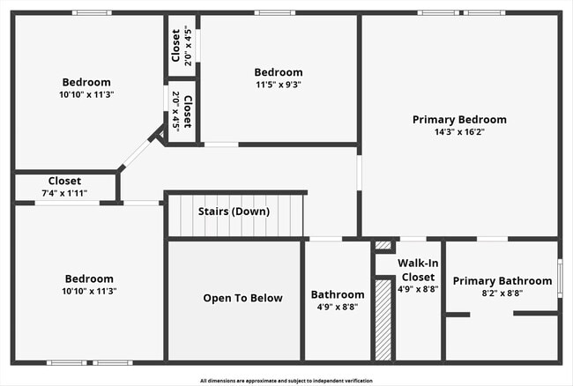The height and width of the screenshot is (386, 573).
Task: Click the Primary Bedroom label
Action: click(x=459, y=119)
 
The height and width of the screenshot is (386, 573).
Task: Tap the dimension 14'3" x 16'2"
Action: click(x=459, y=132)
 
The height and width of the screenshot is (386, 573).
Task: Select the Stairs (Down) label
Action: click(x=234, y=212)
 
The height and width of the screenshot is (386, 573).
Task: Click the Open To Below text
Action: click(x=242, y=298)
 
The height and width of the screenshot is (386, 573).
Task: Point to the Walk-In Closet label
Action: click(x=418, y=270)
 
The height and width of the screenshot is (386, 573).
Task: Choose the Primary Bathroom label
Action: click(x=502, y=281)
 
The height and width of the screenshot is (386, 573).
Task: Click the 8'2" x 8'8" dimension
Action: click(x=502, y=293)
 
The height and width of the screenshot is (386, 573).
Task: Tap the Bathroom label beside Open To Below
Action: click(x=337, y=294)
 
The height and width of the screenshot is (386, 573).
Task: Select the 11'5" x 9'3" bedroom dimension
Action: click(x=278, y=85)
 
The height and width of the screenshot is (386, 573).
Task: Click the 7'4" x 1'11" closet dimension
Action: click(x=64, y=193)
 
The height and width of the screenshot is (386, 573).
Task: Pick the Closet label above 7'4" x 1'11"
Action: click(x=64, y=181)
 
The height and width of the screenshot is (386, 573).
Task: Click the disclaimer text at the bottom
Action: click(x=286, y=381)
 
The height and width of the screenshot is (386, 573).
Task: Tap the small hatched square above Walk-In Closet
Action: click(x=383, y=246)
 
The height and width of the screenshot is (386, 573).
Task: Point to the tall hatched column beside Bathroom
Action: click(x=383, y=319)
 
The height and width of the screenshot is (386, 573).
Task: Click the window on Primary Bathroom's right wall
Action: click(x=560, y=278)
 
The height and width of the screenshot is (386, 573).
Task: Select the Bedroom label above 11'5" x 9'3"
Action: click(x=278, y=72)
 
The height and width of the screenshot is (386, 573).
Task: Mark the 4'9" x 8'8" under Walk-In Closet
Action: click(x=418, y=288)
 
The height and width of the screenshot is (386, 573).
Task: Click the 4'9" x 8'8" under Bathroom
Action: click(x=337, y=308)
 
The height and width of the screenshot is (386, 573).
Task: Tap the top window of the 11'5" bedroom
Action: click(x=275, y=12)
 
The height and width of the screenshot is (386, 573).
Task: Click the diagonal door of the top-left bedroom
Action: click(x=137, y=153)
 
